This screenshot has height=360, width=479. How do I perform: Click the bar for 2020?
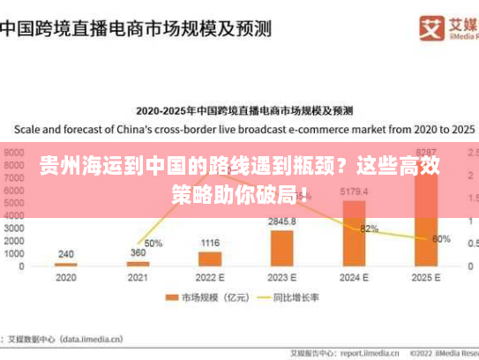coord(66,264)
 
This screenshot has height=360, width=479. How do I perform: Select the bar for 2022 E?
coord(210,259)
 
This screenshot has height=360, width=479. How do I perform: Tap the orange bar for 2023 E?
coord(282,248)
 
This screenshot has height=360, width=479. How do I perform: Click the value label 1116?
coord(210,243)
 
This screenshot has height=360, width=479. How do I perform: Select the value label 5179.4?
coord(354,191)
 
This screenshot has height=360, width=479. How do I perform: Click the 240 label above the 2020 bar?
coord(66,254)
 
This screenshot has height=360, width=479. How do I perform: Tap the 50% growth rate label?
coord(153,243)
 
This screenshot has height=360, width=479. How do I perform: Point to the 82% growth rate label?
coord(369,229)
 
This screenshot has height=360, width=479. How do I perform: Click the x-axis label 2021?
coord(138,277)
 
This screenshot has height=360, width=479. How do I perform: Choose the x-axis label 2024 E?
coord(354,277)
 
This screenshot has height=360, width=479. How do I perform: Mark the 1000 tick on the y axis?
coord(14,253)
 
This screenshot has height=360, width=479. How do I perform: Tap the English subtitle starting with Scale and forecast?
coord(239,127)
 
